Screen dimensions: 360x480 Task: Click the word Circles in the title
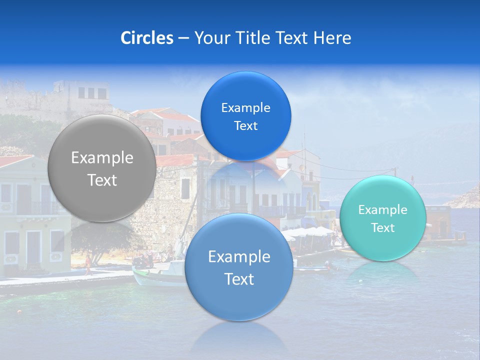tap(146, 38)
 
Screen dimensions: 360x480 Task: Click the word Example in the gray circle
tap(102, 158)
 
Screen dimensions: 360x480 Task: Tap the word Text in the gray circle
tap(102, 180)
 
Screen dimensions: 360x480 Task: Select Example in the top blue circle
tap(245, 107)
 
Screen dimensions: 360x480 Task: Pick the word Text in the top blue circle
tap(245, 125)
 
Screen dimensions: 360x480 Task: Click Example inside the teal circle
tap(382, 209)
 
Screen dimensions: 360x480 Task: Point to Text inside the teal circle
tap(382, 227)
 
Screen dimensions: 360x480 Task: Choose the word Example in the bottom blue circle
tap(239, 256)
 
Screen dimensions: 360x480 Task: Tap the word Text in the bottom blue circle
tap(239, 279)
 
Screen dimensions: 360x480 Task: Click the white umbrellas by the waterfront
tap(308, 231)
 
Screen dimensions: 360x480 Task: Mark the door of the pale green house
tap(33, 247)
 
